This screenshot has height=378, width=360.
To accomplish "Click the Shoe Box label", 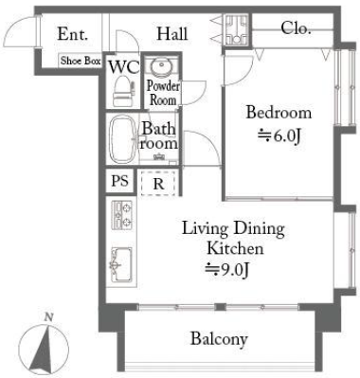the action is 81,61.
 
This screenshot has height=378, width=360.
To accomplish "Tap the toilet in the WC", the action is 124,91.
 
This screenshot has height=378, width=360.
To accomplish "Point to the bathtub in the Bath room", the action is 122,138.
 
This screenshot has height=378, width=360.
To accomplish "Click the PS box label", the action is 120,181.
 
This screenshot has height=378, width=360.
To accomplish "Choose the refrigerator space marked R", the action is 158,183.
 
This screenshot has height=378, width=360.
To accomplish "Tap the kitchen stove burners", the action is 122,215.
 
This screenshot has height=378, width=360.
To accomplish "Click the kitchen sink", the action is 121,264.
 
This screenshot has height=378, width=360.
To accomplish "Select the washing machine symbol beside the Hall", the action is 236,29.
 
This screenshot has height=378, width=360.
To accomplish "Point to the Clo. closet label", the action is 296,28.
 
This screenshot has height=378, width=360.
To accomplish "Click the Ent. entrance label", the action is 72,34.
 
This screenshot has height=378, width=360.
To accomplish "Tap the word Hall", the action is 172,33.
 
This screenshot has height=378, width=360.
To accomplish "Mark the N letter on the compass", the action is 48,317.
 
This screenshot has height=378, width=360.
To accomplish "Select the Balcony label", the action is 219,339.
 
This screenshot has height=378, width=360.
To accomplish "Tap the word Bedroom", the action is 279,113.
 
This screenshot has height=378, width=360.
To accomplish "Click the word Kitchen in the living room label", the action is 235,248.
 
